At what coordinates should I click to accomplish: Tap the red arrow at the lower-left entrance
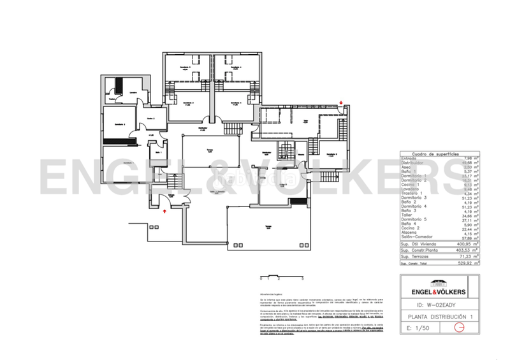coord(165,207)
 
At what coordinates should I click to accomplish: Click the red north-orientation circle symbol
coord(456,328)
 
